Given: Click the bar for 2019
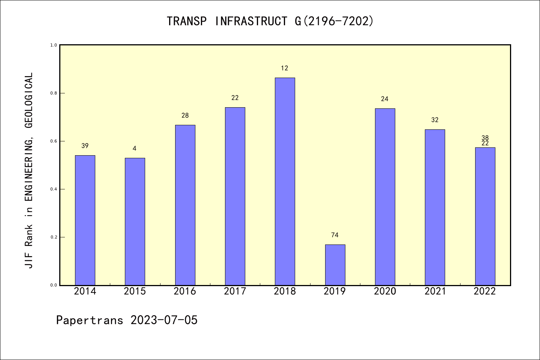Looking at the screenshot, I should pos(335,265).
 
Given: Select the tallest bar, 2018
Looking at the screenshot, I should pos(285,181).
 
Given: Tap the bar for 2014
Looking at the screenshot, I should pos(85,220).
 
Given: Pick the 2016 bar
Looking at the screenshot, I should pos(185,205).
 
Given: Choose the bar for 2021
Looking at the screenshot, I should pos(435,207).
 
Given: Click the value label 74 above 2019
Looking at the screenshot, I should pos(335,235).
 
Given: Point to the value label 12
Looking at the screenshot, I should pos(285,68).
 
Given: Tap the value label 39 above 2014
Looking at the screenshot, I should pos(85,146).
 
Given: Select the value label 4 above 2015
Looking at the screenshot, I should pos(135,149).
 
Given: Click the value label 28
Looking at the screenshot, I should pos(185,115).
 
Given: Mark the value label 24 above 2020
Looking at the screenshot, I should pos(385,99).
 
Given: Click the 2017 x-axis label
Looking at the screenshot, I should pos(235,291).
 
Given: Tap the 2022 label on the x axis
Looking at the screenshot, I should pos(484,291).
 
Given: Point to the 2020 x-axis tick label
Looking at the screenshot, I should pos(385,291).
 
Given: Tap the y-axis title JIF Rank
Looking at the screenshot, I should pos(29,170).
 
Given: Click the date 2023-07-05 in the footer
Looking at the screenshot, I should pos(164,320).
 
